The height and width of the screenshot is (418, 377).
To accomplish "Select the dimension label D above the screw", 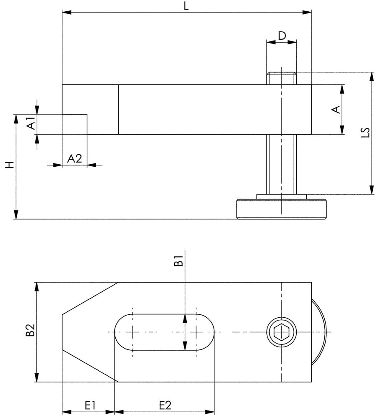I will tap(282, 36).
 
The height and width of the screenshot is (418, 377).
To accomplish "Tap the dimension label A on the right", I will tap(335, 110).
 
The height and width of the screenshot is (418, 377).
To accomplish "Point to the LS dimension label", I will tap(365, 133).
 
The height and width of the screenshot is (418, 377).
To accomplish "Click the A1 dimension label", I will tap(30, 124).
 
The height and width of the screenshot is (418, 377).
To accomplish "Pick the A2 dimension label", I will tap(74, 158).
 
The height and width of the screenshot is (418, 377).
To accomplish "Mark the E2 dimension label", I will tap(165, 405).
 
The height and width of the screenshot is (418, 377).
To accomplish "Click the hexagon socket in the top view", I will tap(282, 332).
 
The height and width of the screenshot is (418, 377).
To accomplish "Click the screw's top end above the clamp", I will tap(282, 78).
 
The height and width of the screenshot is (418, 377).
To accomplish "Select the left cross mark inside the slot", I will tap(133, 332).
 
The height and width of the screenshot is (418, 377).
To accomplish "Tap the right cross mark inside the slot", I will tap(196, 332).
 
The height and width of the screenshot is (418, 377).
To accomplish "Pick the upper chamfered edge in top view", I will tap(90, 298).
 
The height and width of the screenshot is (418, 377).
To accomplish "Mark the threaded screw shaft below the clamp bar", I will tap(282, 164).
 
